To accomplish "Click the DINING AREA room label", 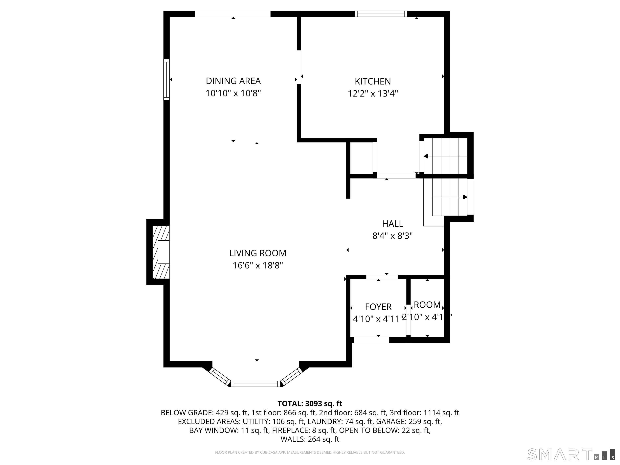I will click(x=233, y=81).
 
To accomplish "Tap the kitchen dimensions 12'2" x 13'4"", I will click(x=373, y=93).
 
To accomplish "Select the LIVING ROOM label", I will click(x=258, y=253).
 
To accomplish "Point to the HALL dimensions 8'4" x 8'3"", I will click(x=392, y=236).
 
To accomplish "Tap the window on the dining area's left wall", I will click(x=167, y=80).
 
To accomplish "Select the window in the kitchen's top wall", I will click(x=380, y=14).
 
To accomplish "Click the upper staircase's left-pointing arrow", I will click(x=426, y=156).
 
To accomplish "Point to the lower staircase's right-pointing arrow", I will click(x=465, y=197).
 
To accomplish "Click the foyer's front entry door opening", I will click(x=371, y=340).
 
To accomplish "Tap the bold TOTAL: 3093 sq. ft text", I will click(x=310, y=404).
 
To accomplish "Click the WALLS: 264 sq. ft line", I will click(x=310, y=439).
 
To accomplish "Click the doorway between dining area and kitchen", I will click(x=299, y=67).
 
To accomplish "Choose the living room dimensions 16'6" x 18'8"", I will click(x=258, y=265).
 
